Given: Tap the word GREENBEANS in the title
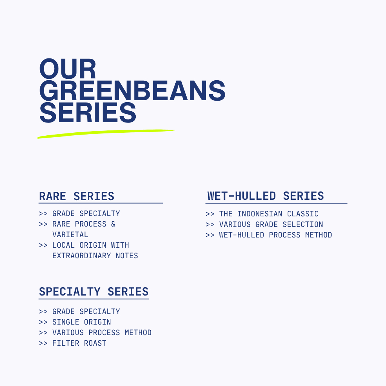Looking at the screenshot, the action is click(x=132, y=90).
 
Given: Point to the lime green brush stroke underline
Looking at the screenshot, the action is click(x=106, y=134).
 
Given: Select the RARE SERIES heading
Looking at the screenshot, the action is click(x=77, y=196).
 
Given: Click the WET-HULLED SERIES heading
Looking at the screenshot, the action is click(x=266, y=196).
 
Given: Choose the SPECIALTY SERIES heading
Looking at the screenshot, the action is click(x=94, y=292).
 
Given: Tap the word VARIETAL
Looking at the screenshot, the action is click(x=70, y=234).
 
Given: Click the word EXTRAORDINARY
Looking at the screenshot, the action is click(x=81, y=256).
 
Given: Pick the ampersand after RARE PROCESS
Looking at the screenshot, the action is click(x=113, y=224).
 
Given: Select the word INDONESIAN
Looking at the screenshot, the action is click(x=260, y=214).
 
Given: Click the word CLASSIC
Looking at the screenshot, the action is click(x=303, y=214).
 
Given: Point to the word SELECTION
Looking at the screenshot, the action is click(x=303, y=225).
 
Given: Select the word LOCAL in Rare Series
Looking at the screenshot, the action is click(x=63, y=245).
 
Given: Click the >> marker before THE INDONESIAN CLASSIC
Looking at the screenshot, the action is click(x=210, y=214).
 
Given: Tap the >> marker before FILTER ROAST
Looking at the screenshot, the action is click(x=43, y=343).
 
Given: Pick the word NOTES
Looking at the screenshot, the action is click(x=127, y=256).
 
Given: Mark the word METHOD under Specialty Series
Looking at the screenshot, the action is click(x=138, y=332).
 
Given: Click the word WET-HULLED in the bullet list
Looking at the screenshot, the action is click(x=242, y=235).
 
